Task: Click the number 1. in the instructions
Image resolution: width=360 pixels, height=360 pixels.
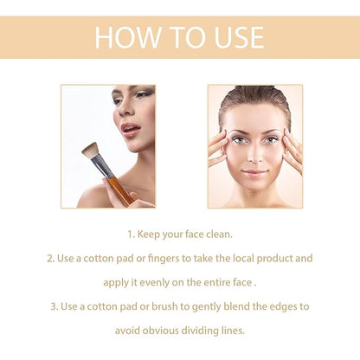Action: pos(132,234)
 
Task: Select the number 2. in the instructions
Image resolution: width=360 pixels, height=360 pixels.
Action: pos(52,258)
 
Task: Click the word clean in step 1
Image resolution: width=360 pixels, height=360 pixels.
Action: pos(217,234)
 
